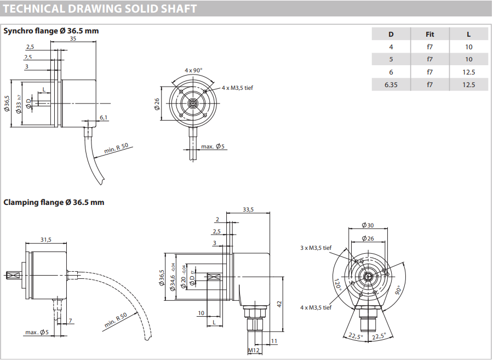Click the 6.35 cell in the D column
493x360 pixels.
point(391,84)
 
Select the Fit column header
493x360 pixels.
point(430,35)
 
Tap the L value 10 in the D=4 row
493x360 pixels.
point(468,47)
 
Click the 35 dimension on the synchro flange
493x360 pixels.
point(73,38)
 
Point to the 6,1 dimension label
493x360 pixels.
point(104,117)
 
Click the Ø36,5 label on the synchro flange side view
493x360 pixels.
point(7,104)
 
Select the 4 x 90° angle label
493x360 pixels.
point(193,70)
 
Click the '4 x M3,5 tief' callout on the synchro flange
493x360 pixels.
point(237,88)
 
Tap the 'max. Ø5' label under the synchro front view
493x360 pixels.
point(213,146)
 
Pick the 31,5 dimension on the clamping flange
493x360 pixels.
point(45,239)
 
